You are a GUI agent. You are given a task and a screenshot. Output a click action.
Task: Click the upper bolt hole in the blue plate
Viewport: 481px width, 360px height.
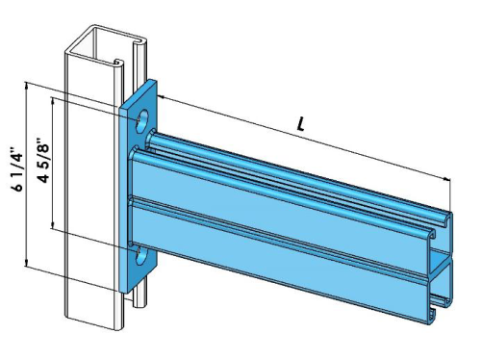[143, 121]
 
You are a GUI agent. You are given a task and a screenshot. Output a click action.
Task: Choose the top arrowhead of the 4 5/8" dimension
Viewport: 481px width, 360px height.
[53, 97]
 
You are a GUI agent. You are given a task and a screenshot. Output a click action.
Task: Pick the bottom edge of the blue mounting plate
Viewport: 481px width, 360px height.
[135, 289]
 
